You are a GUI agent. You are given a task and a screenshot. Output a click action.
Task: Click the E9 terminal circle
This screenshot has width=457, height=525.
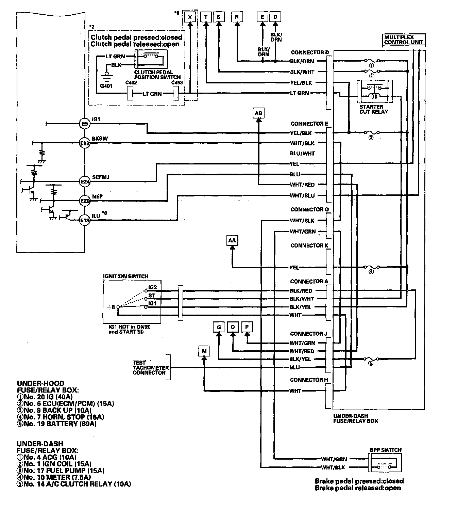pyautogui.click(x=85, y=124)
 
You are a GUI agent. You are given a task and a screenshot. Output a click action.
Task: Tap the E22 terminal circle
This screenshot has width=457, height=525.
pyautogui.click(x=85, y=143)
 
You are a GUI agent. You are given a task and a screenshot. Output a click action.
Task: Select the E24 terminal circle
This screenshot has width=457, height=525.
pyautogui.click(x=85, y=182)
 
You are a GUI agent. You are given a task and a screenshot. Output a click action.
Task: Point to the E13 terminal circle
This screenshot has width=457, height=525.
pyautogui.click(x=85, y=220)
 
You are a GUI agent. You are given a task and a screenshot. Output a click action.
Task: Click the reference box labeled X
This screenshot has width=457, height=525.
pyautogui.click(x=190, y=17)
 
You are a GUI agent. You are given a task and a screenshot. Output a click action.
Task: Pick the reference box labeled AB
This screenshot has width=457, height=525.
pyautogui.click(x=258, y=113)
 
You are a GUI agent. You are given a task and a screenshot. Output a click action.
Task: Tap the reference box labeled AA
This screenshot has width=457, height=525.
pyautogui.click(x=232, y=240)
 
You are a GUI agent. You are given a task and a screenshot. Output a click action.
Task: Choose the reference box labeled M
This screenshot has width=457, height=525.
pyautogui.click(x=204, y=351)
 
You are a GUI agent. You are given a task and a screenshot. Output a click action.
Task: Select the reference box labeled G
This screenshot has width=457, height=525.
pyautogui.click(x=219, y=327)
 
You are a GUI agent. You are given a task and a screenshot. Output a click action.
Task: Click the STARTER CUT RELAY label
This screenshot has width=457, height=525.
pyautogui.click(x=373, y=109)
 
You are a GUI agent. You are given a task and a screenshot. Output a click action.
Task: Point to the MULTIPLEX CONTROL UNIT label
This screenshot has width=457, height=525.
pyautogui.click(x=404, y=40)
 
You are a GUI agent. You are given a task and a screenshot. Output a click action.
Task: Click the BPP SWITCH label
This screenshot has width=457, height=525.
pyautogui.click(x=386, y=450)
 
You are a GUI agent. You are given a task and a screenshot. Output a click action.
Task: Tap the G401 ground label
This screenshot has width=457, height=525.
pyautogui.click(x=106, y=86)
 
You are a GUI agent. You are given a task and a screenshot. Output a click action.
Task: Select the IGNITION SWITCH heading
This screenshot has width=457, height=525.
pyautogui.click(x=125, y=276)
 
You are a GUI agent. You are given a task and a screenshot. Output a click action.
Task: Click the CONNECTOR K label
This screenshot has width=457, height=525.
pyautogui.click(x=309, y=245)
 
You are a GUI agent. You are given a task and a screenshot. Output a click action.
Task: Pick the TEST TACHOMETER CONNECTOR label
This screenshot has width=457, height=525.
pyautogui.click(x=151, y=367)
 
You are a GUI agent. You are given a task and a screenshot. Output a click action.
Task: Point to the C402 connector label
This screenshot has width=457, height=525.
pyautogui.click(x=131, y=83)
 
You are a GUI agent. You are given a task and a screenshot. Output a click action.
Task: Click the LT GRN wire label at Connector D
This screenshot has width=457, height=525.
pyautogui.click(x=299, y=93)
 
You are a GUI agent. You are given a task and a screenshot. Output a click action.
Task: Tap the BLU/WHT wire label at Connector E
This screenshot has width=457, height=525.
pyautogui.click(x=302, y=154)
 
